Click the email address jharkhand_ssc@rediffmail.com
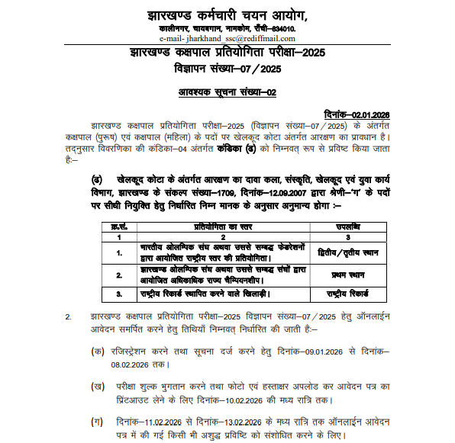click(240, 39)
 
